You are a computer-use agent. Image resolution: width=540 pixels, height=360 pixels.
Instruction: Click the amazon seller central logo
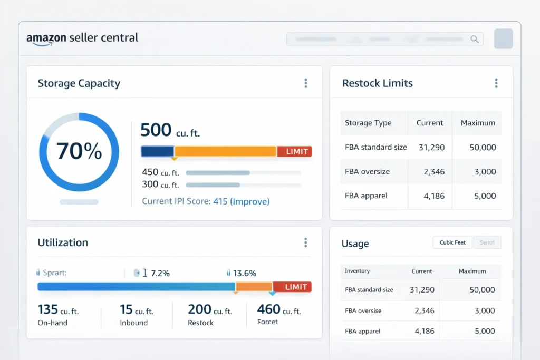point(82,38)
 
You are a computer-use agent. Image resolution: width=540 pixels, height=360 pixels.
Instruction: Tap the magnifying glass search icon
point(475,39)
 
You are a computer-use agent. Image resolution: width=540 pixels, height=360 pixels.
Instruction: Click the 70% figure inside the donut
point(79,151)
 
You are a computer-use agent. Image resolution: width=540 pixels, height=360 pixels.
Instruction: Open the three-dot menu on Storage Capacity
point(306,83)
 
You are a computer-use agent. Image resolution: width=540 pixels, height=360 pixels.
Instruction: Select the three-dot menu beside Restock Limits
point(496,83)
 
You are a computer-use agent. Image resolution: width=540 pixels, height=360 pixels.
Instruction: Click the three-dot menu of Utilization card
point(306,242)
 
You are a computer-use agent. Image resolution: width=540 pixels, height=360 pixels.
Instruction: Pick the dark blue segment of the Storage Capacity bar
point(157,152)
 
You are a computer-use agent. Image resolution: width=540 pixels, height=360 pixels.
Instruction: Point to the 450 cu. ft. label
point(160,172)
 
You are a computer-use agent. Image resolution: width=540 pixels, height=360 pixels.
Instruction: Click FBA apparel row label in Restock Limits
point(366,196)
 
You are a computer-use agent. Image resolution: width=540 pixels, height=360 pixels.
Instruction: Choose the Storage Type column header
point(368,123)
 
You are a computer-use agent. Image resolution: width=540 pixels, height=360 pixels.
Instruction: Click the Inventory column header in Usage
point(357,271)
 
